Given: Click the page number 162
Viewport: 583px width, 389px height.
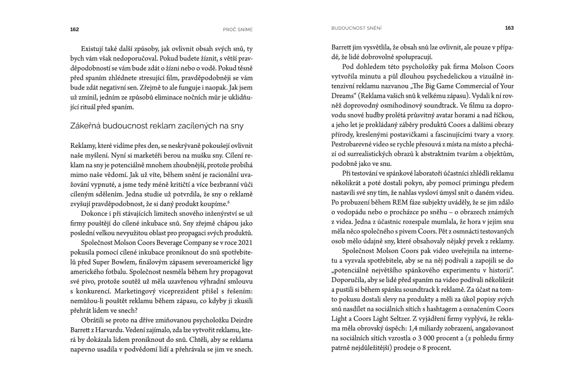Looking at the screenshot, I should (74, 29).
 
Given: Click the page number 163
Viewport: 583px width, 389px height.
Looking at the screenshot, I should (509, 28).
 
